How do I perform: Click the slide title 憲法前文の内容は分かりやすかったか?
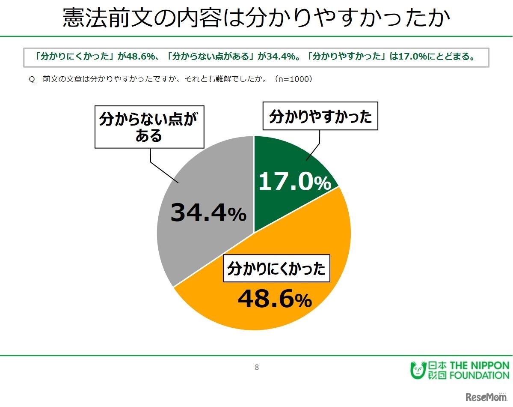[256, 18]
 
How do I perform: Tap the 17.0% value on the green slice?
[294, 182]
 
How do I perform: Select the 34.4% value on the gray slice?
[208, 213]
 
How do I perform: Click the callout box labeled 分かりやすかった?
[320, 116]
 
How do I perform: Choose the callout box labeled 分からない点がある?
[149, 127]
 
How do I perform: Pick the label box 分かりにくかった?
[276, 269]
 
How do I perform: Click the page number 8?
[256, 367]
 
